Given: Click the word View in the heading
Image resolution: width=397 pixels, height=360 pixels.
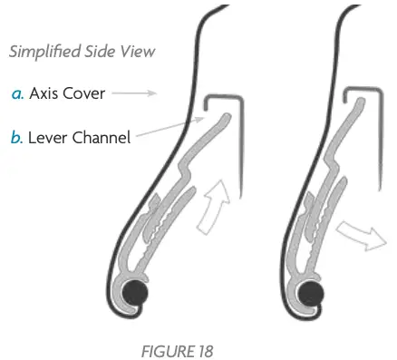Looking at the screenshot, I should click(x=138, y=52).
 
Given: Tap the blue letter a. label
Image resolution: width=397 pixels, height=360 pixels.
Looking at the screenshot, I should click(x=17, y=92).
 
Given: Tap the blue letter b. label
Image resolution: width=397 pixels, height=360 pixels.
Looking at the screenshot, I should click(x=17, y=137).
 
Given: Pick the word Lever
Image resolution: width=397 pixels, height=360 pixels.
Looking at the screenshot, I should click(x=52, y=137).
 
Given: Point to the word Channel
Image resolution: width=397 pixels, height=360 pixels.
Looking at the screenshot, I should click(x=102, y=137).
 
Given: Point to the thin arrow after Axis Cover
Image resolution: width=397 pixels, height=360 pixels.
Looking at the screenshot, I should click(x=137, y=92).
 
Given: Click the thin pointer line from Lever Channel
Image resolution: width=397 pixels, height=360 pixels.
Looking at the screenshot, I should click(x=168, y=130).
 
